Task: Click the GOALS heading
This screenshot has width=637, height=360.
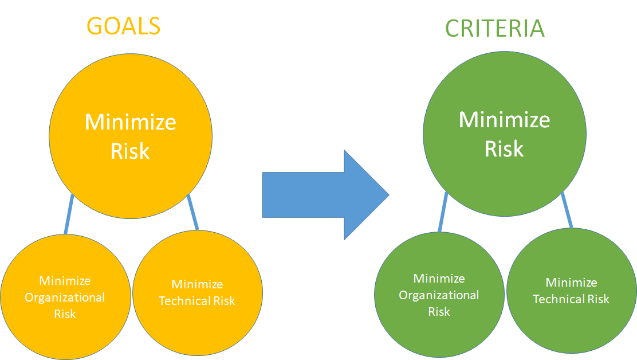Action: click(x=124, y=26)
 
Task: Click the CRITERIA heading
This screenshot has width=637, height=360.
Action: click(x=495, y=29)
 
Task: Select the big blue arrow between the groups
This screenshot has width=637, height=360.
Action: click(x=326, y=195)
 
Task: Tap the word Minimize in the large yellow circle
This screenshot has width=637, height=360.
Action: click(x=131, y=122)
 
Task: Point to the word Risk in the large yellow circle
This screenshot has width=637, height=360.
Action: click(x=130, y=151)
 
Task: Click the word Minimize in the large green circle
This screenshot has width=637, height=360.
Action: click(x=505, y=120)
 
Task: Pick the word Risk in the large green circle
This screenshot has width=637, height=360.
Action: click(x=504, y=148)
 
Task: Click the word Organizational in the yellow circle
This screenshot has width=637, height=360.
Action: click(x=65, y=298)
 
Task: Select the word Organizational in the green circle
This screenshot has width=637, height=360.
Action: click(x=439, y=295)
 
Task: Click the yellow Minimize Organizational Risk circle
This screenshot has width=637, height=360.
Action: click(x=65, y=297)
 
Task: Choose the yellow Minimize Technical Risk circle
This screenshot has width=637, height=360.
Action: click(x=198, y=293)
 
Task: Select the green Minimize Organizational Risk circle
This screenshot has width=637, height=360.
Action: click(x=439, y=295)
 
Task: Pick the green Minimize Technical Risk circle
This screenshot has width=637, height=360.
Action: click(x=572, y=291)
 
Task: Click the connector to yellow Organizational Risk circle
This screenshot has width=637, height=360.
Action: click(x=69, y=214)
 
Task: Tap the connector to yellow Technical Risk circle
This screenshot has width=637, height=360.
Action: click(x=192, y=213)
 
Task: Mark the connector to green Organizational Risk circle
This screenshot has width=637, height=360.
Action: click(x=443, y=212)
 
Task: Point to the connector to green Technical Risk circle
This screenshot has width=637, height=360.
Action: click(x=567, y=210)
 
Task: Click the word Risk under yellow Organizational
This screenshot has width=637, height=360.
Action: click(x=65, y=314)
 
